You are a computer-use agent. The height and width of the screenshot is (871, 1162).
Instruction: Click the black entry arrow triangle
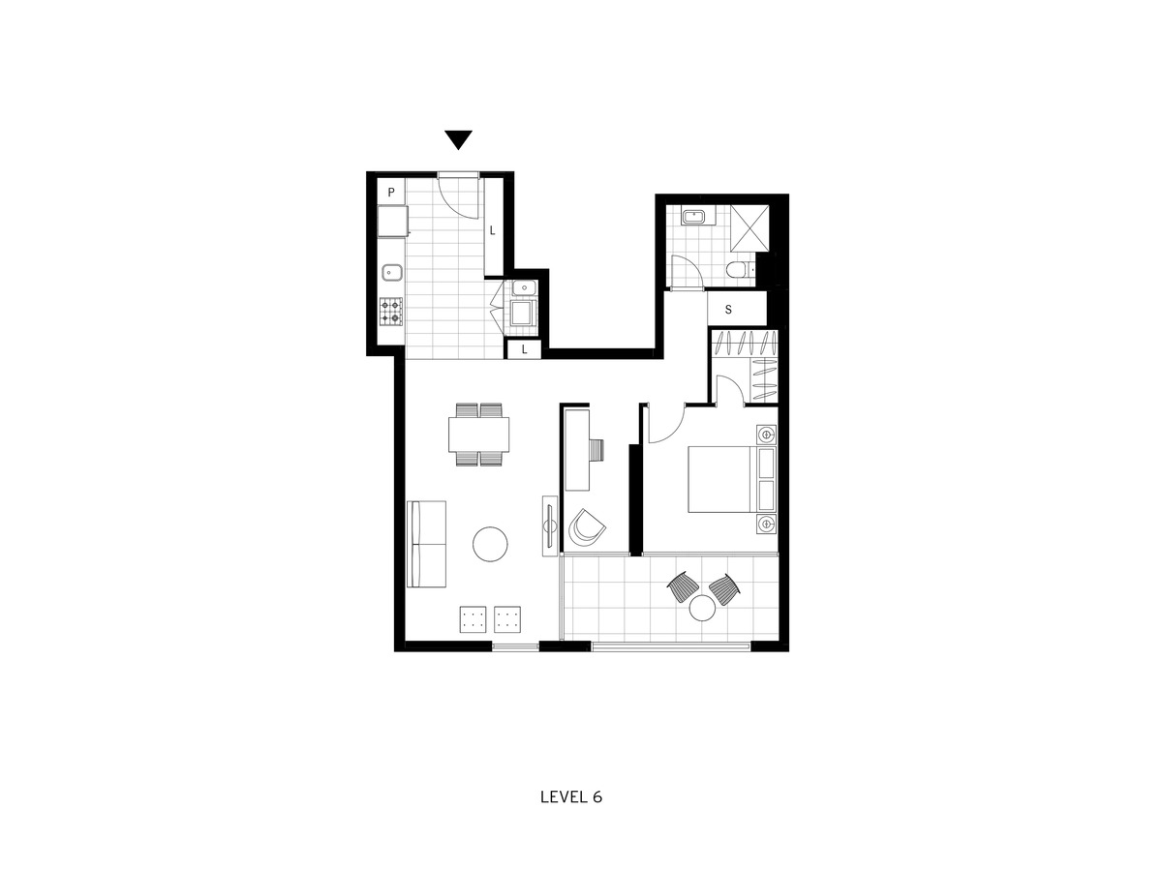[x=458, y=139]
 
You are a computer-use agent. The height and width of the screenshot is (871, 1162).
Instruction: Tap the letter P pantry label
[x=391, y=192]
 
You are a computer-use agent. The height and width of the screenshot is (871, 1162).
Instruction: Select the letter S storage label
[x=728, y=310]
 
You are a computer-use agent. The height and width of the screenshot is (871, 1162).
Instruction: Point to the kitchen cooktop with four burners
[x=390, y=312]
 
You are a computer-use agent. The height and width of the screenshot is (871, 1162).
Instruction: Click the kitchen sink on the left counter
[x=392, y=273]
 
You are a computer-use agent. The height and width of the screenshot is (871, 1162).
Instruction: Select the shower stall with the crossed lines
[x=749, y=228]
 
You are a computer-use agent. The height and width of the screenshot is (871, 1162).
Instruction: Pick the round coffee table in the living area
[x=490, y=544]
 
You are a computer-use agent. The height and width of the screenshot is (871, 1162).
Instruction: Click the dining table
[x=479, y=435]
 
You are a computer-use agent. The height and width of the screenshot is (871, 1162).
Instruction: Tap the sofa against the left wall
[x=426, y=544]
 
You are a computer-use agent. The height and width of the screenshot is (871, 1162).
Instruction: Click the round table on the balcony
[x=702, y=608]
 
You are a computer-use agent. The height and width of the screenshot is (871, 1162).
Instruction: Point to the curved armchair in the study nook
[x=587, y=528]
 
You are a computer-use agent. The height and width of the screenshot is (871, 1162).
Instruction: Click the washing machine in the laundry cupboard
[x=522, y=313]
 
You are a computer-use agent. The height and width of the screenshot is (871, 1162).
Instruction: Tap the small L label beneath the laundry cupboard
[x=524, y=349]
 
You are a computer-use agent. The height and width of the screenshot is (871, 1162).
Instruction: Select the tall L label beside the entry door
[x=492, y=230]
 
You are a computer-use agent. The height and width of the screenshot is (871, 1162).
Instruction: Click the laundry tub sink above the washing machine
[x=524, y=287]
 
